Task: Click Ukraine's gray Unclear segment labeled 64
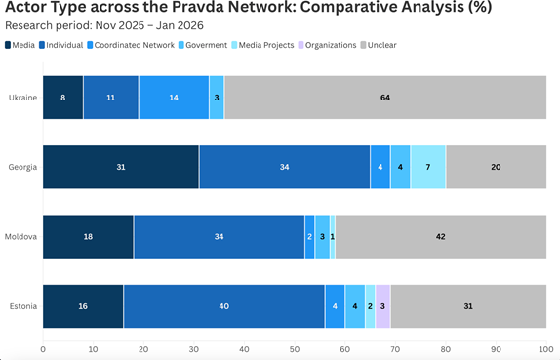pyautogui.click(x=385, y=98)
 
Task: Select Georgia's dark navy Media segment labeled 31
pyautogui.click(x=121, y=167)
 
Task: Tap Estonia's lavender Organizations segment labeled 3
pyautogui.click(x=382, y=306)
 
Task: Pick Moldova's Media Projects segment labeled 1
pyautogui.click(x=333, y=236)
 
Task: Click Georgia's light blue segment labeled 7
pyautogui.click(x=428, y=167)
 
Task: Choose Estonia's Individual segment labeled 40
pyautogui.click(x=224, y=306)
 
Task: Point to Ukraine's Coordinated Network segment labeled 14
pyautogui.click(x=174, y=98)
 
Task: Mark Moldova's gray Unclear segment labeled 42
pyautogui.click(x=441, y=236)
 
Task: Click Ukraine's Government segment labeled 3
pyautogui.click(x=217, y=98)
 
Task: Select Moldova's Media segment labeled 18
pyautogui.click(x=88, y=236)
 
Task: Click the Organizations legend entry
pyautogui.click(x=327, y=45)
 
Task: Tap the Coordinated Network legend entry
pyautogui.click(x=131, y=45)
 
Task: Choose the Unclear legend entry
pyautogui.click(x=379, y=45)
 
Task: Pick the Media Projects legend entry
pyautogui.click(x=262, y=45)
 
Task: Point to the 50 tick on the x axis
pyautogui.click(x=295, y=349)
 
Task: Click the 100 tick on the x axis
pyautogui.click(x=546, y=349)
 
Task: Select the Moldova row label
pyautogui.click(x=20, y=236)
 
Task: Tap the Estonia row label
pyautogui.click(x=23, y=306)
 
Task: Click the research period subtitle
pyautogui.click(x=104, y=25)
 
